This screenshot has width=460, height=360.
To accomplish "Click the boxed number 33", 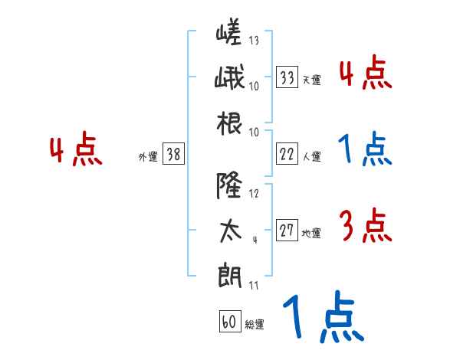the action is click(287, 77).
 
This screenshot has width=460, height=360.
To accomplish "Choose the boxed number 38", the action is click(173, 154).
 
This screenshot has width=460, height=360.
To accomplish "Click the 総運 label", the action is click(254, 325).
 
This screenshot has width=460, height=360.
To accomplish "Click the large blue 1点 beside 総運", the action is click(323, 319).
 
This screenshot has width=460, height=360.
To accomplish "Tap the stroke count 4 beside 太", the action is click(255, 240).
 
